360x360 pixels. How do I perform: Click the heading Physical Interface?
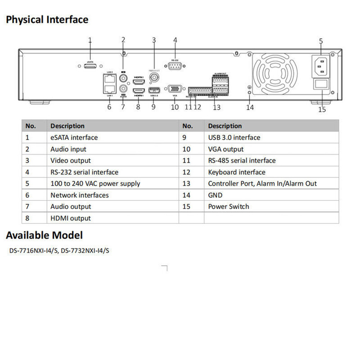pos(47,19)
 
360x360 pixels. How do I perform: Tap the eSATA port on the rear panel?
pos(90,66)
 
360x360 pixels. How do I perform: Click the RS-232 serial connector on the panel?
pos(175,66)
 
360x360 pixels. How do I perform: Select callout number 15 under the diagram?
pos(322,109)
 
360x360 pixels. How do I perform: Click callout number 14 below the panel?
pos(250,107)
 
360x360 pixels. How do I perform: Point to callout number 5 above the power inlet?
pos(321,41)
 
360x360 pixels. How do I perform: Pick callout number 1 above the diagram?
pos(90,40)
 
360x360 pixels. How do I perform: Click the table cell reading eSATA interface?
pos(74,138)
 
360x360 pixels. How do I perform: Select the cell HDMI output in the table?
pos(71,218)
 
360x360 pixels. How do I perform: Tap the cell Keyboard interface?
pos(237,172)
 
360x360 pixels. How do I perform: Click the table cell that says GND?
pos(215,195)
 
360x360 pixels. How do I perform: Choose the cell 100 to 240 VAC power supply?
pos(95,184)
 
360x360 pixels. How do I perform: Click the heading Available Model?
pos(44,235)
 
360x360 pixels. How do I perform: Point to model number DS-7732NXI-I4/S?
pos(85,251)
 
